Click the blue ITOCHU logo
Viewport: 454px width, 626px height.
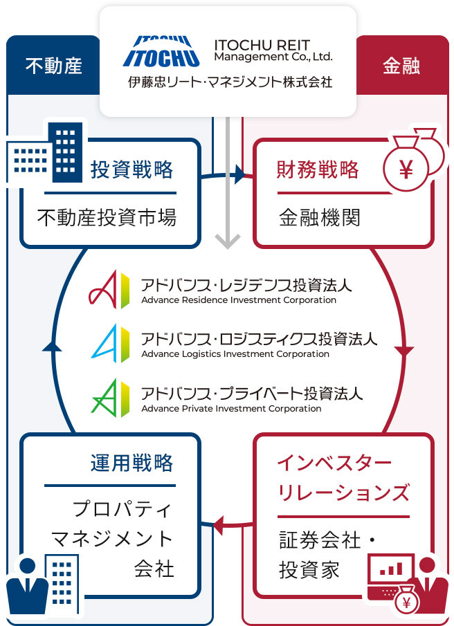[x=161, y=51]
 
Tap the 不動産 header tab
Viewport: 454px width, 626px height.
[x=53, y=66]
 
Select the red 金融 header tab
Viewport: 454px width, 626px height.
[x=401, y=66]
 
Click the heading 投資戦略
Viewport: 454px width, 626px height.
[x=131, y=169]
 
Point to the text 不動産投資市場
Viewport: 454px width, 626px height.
[x=107, y=218]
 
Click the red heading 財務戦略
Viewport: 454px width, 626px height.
[x=318, y=169]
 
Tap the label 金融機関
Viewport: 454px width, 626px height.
[x=320, y=218]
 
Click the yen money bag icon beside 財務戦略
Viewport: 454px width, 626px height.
[x=413, y=159]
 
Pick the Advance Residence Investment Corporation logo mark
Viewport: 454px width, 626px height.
[x=109, y=290]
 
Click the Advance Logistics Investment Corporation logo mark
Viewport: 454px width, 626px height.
[x=110, y=343]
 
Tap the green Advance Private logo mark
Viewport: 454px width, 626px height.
[x=110, y=398]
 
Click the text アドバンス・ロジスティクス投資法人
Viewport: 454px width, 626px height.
[x=259, y=339]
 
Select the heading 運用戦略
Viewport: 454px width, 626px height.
[x=131, y=463]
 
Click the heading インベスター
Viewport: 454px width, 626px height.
[x=334, y=463]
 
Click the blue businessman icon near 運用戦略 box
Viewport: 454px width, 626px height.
[x=27, y=586]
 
